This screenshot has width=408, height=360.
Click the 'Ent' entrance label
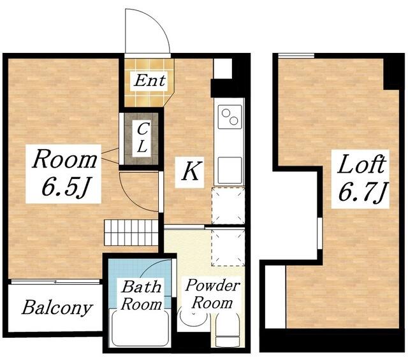pos(150,80)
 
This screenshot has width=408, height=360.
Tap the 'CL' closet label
pos(142,138)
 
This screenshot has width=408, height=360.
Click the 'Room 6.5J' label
pos(64,173)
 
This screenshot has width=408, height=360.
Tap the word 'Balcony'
pos(57,308)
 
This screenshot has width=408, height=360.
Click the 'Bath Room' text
pos(142,295)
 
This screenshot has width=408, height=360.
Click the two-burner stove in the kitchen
pos(229,117)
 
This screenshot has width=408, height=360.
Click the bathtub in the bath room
pos(140,328)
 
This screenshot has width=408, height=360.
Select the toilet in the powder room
pos(228,330)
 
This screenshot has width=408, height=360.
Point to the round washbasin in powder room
pos(194,315)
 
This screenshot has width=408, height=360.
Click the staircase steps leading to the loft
pos(131,233)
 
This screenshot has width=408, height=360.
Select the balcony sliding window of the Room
pos(55,282)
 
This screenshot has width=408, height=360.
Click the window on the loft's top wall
pos(296,55)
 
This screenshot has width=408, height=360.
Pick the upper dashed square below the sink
pos(228,205)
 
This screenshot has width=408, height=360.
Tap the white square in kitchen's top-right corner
pos(222,68)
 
